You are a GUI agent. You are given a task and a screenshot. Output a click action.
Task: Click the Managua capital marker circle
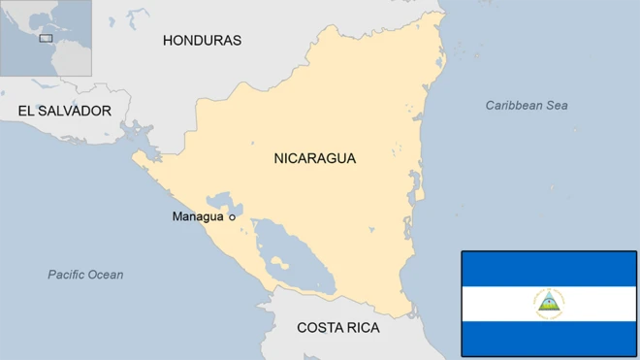[232, 217]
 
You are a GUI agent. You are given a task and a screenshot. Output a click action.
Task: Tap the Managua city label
[198, 216]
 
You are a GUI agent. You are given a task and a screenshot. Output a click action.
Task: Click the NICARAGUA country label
[314, 158]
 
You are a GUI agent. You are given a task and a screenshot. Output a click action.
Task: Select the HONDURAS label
[202, 40]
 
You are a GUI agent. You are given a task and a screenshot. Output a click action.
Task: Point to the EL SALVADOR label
[64, 111]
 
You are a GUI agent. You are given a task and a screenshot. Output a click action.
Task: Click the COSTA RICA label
[337, 328]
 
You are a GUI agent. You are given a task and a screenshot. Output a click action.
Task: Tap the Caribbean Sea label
[527, 105]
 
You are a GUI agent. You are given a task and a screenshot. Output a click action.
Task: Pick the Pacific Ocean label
[85, 275]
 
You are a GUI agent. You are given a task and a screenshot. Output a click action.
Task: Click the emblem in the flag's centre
[549, 303]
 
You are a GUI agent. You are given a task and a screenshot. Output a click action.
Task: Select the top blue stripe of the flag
[549, 268]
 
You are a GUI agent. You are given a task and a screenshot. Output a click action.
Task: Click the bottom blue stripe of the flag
[549, 338]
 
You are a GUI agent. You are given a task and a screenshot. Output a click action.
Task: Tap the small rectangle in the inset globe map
[45, 39]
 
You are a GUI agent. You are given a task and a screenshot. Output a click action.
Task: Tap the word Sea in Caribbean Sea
[556, 105]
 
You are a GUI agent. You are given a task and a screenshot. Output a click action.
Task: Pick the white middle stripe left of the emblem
[495, 303]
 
